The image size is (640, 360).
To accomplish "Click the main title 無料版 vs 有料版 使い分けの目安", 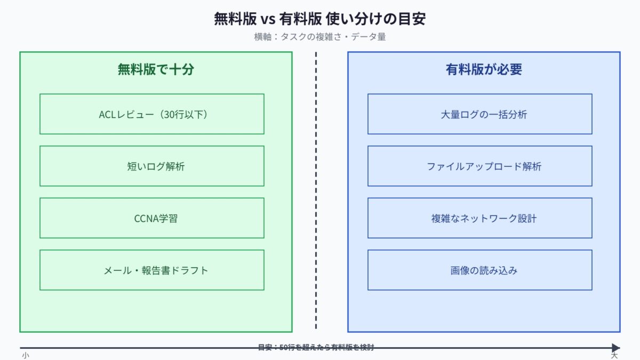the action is [x=320, y=19].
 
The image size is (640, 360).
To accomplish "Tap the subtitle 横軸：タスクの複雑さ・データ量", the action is [x=320, y=37].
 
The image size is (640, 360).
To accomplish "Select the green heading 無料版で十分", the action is [x=156, y=69].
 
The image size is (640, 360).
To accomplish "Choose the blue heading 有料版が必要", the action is [x=484, y=69].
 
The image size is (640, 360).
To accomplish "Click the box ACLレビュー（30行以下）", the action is [x=152, y=114].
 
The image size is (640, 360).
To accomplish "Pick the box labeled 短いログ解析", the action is [x=152, y=166].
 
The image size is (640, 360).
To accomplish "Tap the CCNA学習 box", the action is [x=152, y=218].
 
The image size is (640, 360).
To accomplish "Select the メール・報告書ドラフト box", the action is [x=152, y=270].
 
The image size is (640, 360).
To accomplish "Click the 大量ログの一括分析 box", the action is [x=480, y=114].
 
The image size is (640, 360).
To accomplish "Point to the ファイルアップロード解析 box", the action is [x=480, y=166].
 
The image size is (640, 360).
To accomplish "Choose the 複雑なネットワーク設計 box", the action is [x=480, y=218].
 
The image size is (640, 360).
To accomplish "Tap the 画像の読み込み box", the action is [x=480, y=270].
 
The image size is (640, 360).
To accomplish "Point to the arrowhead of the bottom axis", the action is [x=616, y=348].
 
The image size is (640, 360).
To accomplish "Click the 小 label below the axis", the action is [x=25, y=355].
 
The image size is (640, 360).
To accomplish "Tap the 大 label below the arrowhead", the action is [x=614, y=355].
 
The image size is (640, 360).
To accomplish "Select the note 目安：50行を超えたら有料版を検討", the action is [x=316, y=347].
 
